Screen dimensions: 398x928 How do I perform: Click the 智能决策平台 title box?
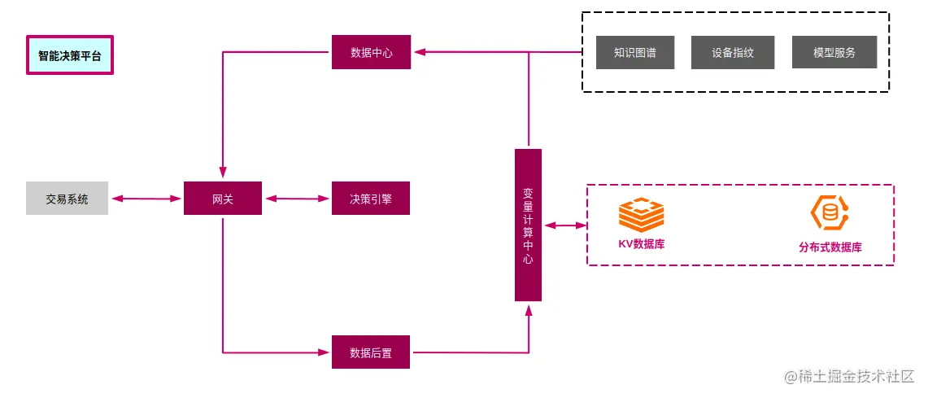70,55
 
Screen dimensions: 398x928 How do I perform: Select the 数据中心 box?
371,52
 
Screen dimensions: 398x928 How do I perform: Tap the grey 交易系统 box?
67,199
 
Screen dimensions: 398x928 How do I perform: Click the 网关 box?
223,199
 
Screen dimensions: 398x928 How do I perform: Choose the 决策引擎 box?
371,199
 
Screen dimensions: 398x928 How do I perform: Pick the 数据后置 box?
371,352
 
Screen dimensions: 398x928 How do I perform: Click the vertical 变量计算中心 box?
528,225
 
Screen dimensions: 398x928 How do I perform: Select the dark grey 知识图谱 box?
635,52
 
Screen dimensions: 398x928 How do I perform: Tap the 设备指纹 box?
733,52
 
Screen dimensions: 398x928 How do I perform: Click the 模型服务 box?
834,52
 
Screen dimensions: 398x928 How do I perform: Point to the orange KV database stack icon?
641,215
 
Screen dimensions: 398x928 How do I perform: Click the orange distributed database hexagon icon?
829,212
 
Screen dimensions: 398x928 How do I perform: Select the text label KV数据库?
641,243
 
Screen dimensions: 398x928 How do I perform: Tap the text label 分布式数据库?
830,247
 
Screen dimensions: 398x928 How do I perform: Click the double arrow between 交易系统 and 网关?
146,199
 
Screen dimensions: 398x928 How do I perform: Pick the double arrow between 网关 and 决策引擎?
297,199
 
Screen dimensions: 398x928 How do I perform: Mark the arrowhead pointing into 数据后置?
325,352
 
